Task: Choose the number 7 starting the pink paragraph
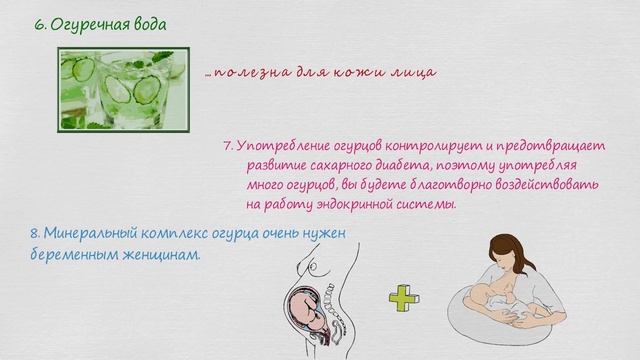pos(227,144)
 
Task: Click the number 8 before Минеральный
pos(34,233)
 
